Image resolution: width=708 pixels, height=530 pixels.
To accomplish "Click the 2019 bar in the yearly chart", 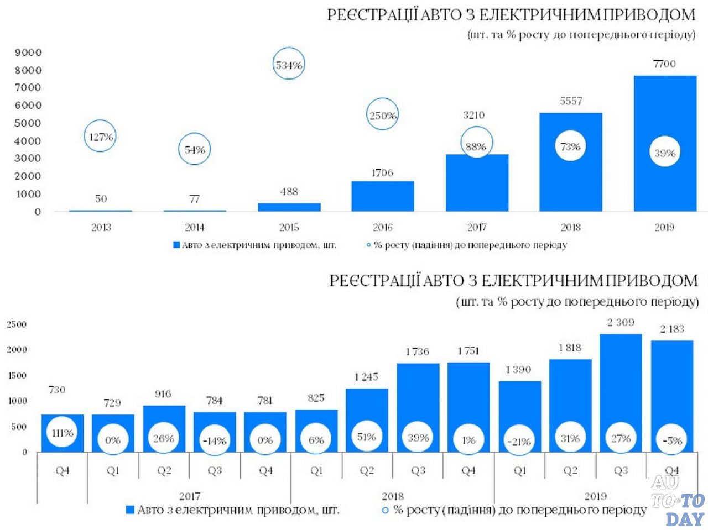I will coord(664,111).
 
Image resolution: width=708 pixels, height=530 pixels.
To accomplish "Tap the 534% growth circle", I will coord(289,65).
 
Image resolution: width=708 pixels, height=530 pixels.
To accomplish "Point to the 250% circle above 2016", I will coord(383,116).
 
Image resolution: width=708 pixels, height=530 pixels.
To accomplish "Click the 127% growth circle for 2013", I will coord(101,136).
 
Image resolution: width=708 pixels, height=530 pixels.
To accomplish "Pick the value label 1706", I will coord(382,173).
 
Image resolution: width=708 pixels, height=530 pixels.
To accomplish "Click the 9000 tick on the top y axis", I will coord(28,53).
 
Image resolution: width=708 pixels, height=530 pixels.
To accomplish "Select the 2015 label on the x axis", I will coord(289,227).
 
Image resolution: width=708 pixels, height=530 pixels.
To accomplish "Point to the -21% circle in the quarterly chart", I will coord(519,441).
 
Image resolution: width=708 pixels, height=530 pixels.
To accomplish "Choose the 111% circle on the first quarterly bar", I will coord(63,433).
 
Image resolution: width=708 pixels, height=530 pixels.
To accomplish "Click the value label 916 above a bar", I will coord(163,394).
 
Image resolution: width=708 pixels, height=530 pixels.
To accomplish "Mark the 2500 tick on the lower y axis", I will coord(17,324).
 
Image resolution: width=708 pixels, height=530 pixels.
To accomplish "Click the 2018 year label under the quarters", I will coord(393,496).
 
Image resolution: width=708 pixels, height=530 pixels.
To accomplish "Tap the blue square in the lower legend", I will coord(130,510).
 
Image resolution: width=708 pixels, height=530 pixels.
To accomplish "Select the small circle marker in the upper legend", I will coord(368,245).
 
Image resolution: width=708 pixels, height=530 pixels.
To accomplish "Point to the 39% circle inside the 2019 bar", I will coord(665,153).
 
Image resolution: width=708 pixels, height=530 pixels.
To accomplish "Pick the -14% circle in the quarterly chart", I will coord(214,440).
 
